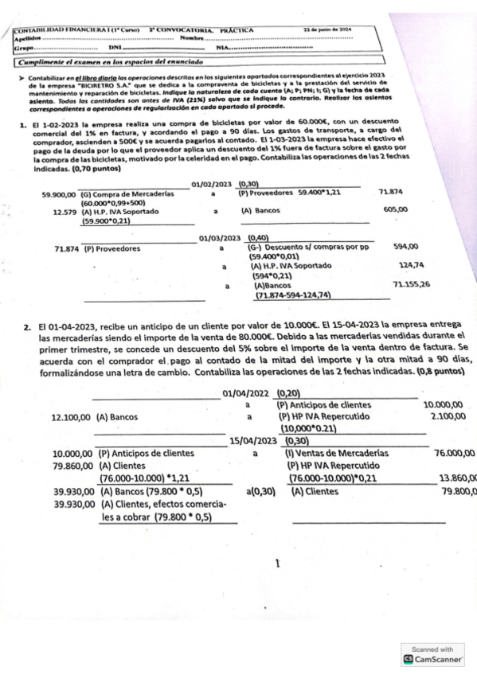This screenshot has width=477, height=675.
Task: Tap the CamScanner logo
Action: tap(437, 660)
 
